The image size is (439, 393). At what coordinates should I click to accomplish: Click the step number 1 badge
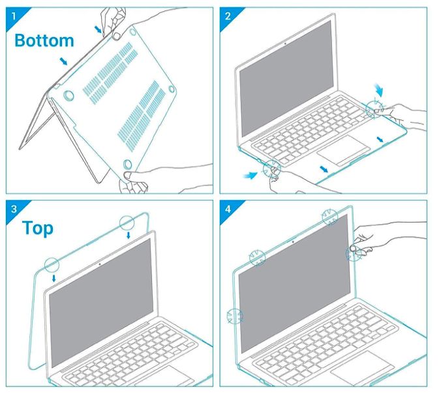tap(13, 16)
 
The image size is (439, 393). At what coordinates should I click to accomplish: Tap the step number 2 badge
tap(228, 16)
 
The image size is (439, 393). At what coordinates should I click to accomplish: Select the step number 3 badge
tap(13, 209)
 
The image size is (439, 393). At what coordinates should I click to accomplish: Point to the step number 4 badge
tap(228, 209)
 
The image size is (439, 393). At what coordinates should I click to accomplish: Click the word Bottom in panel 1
tap(44, 40)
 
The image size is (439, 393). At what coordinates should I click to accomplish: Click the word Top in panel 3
tap(38, 228)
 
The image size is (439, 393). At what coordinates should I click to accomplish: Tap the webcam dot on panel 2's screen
tap(285, 44)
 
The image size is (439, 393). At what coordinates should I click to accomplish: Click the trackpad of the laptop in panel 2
tap(344, 150)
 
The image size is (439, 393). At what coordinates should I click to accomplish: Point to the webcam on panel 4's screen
tap(293, 242)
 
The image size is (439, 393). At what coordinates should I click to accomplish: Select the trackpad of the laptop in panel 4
tap(363, 370)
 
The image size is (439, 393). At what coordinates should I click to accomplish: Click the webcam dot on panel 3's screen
tap(100, 264)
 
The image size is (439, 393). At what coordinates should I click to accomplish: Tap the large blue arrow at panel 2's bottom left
tap(250, 176)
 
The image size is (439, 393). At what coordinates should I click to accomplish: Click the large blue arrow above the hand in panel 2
tap(380, 89)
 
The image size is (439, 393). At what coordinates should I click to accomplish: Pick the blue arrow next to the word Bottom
tap(63, 61)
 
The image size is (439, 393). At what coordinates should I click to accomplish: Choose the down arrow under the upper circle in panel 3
tap(129, 235)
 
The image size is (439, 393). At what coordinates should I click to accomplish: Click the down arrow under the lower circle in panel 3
tap(54, 278)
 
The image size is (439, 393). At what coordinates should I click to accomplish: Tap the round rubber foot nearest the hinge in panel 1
tap(68, 95)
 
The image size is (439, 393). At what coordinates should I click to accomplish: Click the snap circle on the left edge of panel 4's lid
tap(235, 316)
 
